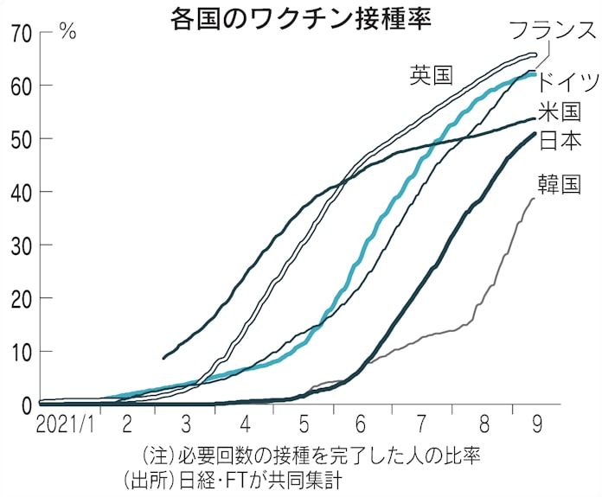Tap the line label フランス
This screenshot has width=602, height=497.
point(552,31)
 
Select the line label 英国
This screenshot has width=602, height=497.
point(431,75)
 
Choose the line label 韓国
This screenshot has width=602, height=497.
point(559,185)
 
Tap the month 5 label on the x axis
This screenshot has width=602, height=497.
point(304,425)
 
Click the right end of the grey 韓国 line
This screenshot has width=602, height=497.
point(534,199)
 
